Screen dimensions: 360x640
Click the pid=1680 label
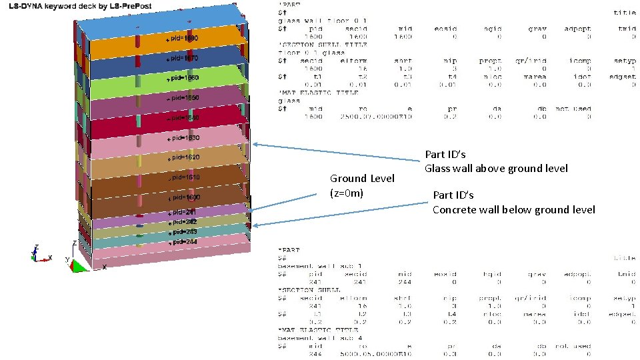pyautogui.click(x=183, y=39)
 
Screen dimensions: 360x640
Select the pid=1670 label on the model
pyautogui.click(x=183, y=59)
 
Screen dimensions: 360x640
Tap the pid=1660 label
pyautogui.click(x=183, y=79)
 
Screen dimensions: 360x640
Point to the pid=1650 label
pyautogui.click(x=183, y=98)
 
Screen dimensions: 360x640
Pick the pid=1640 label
pyautogui.click(x=183, y=118)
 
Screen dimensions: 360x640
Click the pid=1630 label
pyautogui.click(x=183, y=138)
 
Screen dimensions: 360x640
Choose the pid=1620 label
pyautogui.click(x=183, y=158)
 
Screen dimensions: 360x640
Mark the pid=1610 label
pyautogui.click(x=183, y=178)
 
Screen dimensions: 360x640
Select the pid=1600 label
pyautogui.click(x=183, y=198)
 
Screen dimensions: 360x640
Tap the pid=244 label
pyautogui.click(x=182, y=242)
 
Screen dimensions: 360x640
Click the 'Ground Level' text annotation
pyautogui.click(x=362, y=179)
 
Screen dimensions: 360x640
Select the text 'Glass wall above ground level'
pyautogui.click(x=496, y=168)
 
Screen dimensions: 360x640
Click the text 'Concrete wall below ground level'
pyautogui.click(x=513, y=209)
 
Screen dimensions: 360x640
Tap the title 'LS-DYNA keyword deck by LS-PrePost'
pyautogui.click(x=80, y=6)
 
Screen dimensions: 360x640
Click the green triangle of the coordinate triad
pyautogui.click(x=77, y=266)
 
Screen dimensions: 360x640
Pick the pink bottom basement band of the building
pyautogui.click(x=220, y=251)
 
